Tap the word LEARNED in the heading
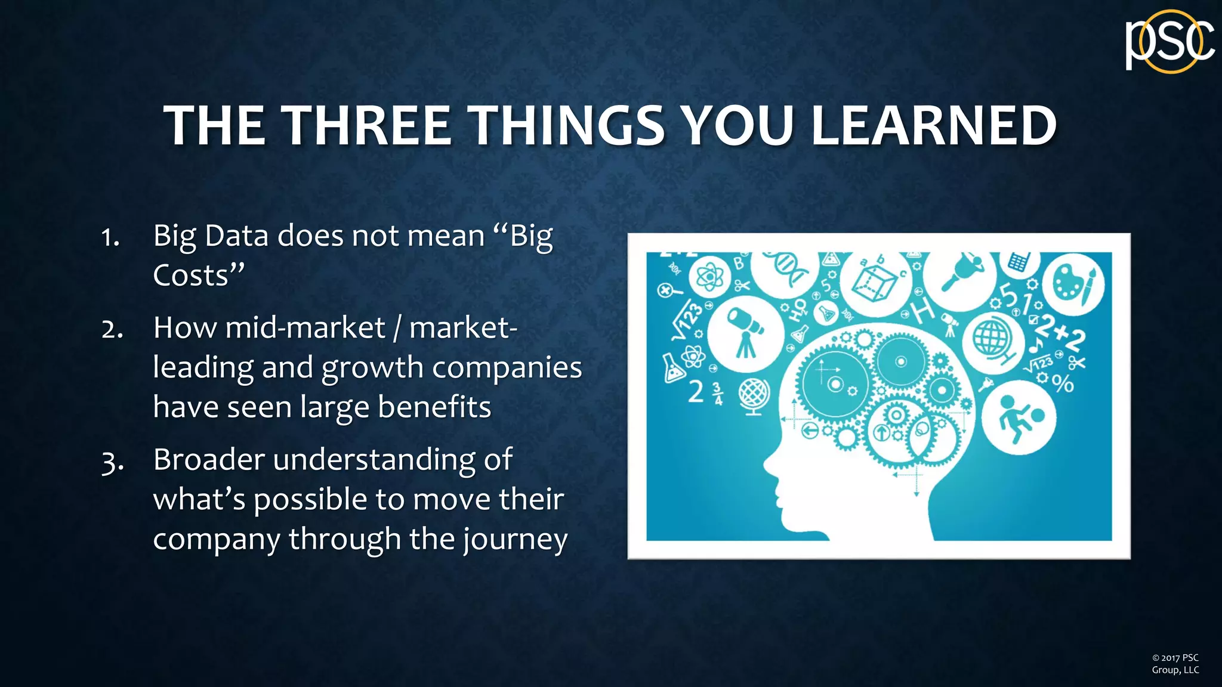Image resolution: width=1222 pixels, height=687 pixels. pyautogui.click(x=934, y=126)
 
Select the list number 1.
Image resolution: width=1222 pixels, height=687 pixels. pyautogui.click(x=110, y=237)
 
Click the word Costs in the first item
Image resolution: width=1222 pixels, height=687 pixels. pyautogui.click(x=191, y=276)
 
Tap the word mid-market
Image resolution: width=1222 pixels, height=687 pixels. pyautogui.click(x=304, y=327)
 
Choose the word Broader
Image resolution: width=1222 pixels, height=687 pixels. pyautogui.click(x=209, y=460)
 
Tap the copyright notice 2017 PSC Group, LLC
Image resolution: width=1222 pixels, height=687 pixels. pyautogui.click(x=1175, y=664)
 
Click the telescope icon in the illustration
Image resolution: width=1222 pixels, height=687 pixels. pyautogui.click(x=746, y=332)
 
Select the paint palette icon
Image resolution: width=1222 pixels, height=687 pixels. pyautogui.click(x=1073, y=283)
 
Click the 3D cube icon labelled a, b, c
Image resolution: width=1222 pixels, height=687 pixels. pyautogui.click(x=875, y=280)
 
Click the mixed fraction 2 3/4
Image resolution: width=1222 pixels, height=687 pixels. pyautogui.click(x=705, y=392)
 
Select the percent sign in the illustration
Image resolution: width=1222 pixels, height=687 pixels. pyautogui.click(x=1063, y=383)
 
